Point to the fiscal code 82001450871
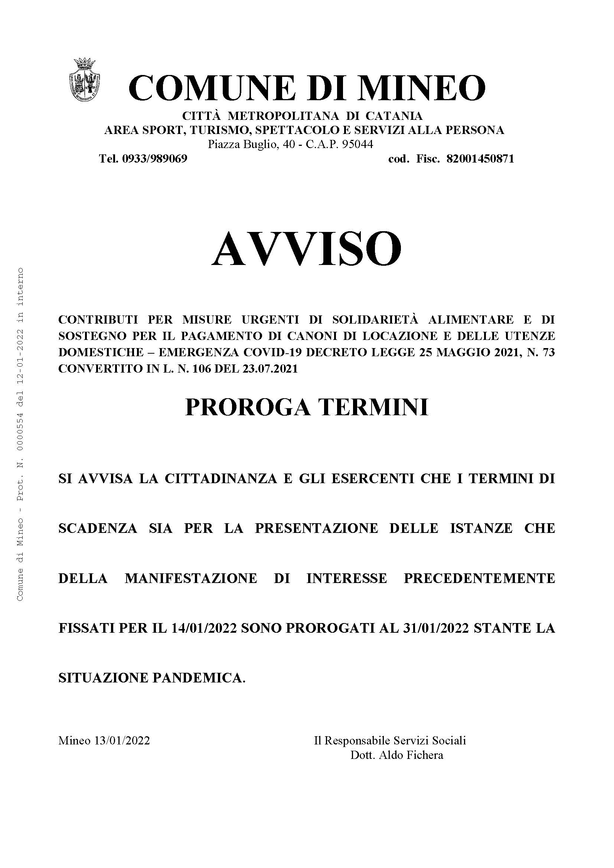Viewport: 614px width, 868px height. (480, 159)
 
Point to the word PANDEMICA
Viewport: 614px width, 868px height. (199, 678)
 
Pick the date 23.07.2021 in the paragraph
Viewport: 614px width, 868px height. (269, 368)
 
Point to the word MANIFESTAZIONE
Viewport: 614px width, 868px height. (191, 578)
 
